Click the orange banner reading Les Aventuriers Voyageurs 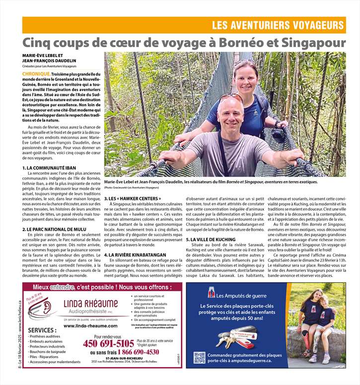click(x=278, y=25)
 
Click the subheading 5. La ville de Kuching click(x=211, y=240)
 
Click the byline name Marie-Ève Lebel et click(x=43, y=55)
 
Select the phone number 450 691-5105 click(x=108, y=343)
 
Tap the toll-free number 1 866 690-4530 click(x=132, y=352)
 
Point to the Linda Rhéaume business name click(x=91, y=304)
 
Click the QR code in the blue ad click(x=199, y=358)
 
